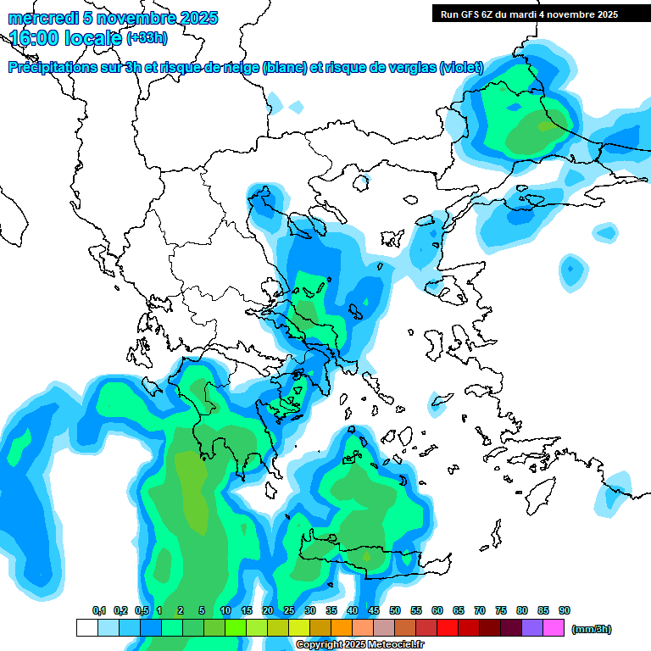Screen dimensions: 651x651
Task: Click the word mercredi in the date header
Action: [x=40, y=17]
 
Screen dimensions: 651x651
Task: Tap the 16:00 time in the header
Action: [x=34, y=37]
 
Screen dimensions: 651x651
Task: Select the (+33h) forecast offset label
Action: [x=147, y=37]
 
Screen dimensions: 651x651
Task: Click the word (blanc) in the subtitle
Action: [x=285, y=68]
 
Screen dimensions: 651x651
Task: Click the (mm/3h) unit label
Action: [x=591, y=629]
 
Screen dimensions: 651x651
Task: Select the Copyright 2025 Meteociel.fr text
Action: [x=359, y=645]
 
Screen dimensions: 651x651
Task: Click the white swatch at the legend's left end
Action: [x=86, y=628]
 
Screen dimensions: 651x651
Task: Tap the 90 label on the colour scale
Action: [x=565, y=610]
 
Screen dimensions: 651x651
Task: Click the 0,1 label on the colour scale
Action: [x=98, y=610]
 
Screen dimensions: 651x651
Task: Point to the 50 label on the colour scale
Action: [x=395, y=610]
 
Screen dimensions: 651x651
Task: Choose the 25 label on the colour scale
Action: [x=289, y=610]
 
